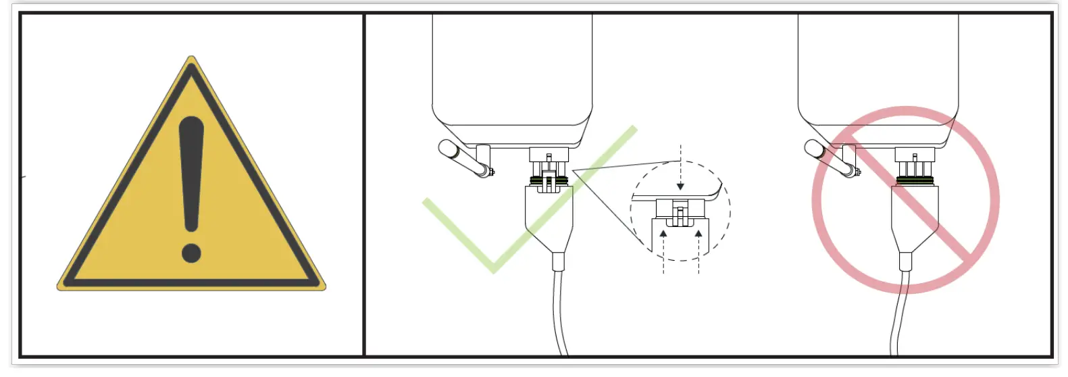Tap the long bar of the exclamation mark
(191, 176)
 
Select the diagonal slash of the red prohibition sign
(905, 199)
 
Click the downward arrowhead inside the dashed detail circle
(680, 186)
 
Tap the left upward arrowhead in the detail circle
(663, 234)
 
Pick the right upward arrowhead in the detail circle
(698, 234)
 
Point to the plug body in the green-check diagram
(549, 216)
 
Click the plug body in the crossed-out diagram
(914, 216)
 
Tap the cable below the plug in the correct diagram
(559, 311)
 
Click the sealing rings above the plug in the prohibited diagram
(915, 180)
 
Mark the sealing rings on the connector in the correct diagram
(549, 180)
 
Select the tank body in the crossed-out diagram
(878, 68)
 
